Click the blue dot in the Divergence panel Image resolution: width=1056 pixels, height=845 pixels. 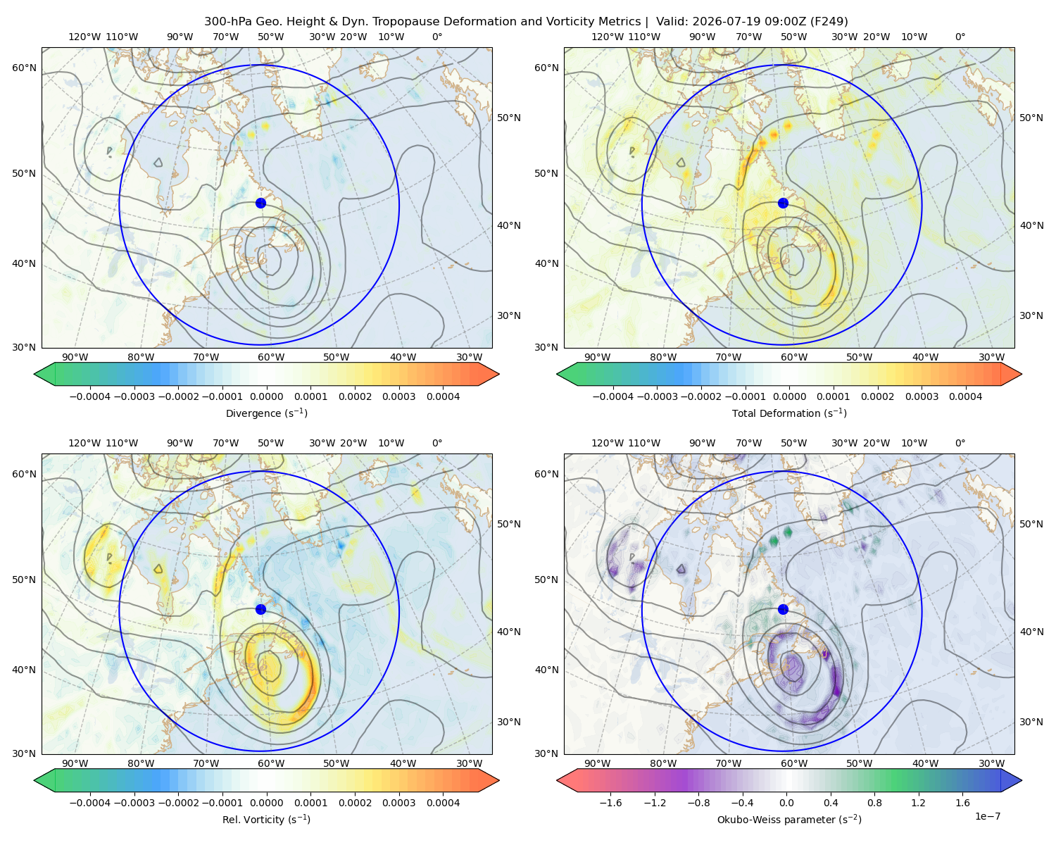click(x=260, y=204)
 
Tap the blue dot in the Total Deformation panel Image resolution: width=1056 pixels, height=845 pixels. click(x=783, y=204)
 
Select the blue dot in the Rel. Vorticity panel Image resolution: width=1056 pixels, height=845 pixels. click(x=260, y=609)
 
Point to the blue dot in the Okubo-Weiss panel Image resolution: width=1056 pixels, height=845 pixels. click(x=783, y=609)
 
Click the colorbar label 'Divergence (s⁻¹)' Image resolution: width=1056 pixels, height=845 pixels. click(x=266, y=413)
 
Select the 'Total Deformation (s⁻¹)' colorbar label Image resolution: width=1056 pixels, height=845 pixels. click(x=789, y=413)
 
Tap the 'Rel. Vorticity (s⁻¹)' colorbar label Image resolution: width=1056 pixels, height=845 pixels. click(x=266, y=820)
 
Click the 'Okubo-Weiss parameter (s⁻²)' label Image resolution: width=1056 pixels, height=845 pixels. click(x=789, y=820)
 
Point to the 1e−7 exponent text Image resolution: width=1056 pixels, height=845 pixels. click(x=987, y=817)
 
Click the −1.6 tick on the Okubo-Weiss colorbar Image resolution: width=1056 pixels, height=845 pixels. click(x=610, y=803)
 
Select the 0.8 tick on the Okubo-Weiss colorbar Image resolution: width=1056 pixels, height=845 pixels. click(x=874, y=803)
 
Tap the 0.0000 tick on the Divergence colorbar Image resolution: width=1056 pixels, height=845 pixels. click(x=266, y=396)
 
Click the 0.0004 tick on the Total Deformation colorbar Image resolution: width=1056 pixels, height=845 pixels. click(x=966, y=396)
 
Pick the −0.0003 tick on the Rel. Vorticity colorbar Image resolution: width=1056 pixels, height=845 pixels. click(x=134, y=803)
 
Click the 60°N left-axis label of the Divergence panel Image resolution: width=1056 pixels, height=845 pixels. click(x=24, y=68)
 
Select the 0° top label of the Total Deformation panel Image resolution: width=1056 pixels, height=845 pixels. click(x=960, y=37)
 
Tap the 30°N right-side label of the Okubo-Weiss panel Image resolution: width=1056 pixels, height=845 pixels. click(x=1031, y=722)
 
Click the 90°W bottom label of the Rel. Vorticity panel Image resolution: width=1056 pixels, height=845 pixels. click(x=75, y=763)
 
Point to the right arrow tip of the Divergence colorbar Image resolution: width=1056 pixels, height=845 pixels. click(x=499, y=374)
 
